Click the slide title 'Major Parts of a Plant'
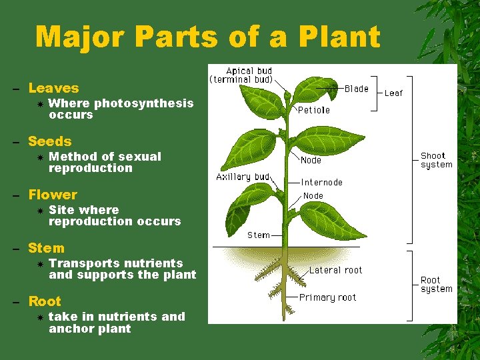pyautogui.click(x=207, y=37)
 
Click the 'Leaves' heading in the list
pyautogui.click(x=53, y=88)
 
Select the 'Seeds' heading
pyautogui.click(x=49, y=141)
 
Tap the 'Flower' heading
pyautogui.click(x=53, y=195)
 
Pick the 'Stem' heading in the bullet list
pyautogui.click(x=46, y=248)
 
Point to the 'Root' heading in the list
pyautogui.click(x=45, y=301)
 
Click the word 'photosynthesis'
pyautogui.click(x=144, y=103)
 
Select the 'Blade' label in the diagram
pyautogui.click(x=356, y=89)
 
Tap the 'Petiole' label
pyautogui.click(x=313, y=110)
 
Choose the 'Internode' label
pyautogui.click(x=321, y=182)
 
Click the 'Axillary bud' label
pyautogui.click(x=243, y=177)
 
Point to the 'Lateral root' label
pyautogui.click(x=335, y=270)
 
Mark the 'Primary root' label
pyautogui.click(x=327, y=297)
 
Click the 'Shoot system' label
pyautogui.click(x=436, y=160)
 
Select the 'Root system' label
pyautogui.click(x=436, y=285)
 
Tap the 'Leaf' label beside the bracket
pyautogui.click(x=393, y=93)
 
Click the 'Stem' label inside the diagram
pyautogui.click(x=259, y=235)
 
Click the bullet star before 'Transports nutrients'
pyautogui.click(x=40, y=264)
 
